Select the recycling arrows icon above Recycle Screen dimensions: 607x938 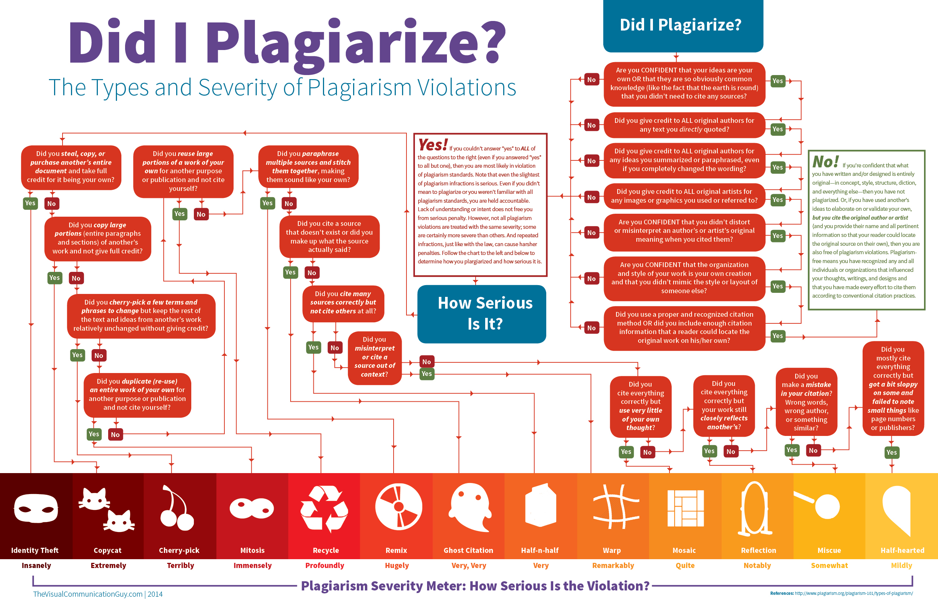[x=324, y=508]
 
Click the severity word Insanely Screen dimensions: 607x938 [x=36, y=566]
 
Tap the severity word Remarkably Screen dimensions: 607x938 [x=613, y=566]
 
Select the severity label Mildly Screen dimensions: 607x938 [x=901, y=566]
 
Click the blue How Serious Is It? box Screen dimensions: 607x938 [x=482, y=314]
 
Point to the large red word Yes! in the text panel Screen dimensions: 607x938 [x=433, y=145]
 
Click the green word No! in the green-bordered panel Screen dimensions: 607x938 [x=825, y=161]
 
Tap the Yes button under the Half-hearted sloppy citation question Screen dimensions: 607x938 [x=892, y=452]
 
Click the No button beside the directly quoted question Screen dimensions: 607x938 [x=591, y=125]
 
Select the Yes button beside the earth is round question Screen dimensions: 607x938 [x=777, y=81]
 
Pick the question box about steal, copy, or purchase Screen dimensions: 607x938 [x=71, y=167]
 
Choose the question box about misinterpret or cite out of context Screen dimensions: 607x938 [x=374, y=358]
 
